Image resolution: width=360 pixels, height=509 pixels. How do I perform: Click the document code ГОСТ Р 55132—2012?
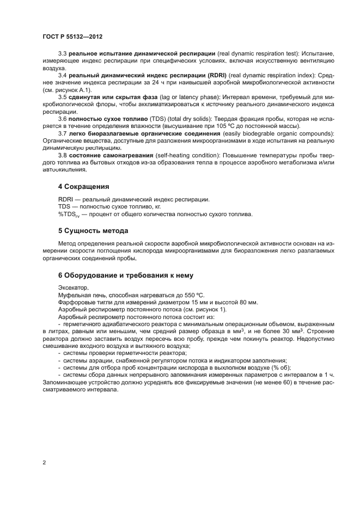coord(72,36)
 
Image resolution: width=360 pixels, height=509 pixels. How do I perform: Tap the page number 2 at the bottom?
coord(44,463)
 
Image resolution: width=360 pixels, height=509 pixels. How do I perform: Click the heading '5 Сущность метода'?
coord(93,231)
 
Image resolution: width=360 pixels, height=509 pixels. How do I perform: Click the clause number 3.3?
coord(62,54)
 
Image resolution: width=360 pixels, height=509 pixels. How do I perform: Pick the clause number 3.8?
coord(62,155)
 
